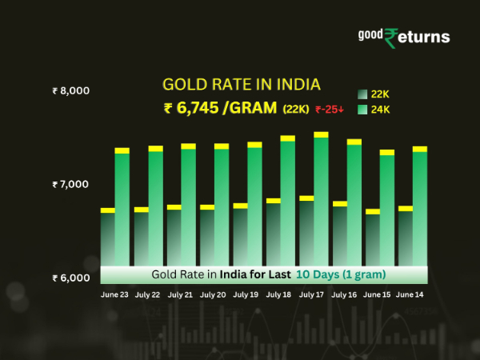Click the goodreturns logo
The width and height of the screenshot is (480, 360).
click(x=403, y=37)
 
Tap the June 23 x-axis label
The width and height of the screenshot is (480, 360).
click(x=115, y=295)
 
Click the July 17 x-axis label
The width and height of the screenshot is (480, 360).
click(x=312, y=295)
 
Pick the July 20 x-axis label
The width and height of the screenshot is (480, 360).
click(x=214, y=295)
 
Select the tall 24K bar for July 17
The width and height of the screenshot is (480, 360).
click(x=321, y=200)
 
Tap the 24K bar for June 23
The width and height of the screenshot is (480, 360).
click(x=122, y=208)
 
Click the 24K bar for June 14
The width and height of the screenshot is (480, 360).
click(x=420, y=208)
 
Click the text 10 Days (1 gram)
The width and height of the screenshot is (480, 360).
click(x=341, y=274)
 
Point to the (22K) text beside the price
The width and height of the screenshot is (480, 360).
click(x=298, y=110)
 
